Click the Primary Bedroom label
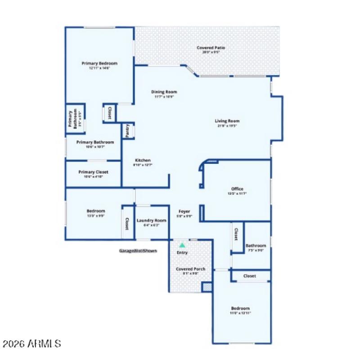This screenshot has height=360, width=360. point(99,63)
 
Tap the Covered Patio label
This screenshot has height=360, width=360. point(211,48)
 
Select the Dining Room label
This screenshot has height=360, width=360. point(164,92)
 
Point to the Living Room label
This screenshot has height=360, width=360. point(227,121)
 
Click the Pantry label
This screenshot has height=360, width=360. point(128,130)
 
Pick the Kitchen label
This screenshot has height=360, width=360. point(143,160)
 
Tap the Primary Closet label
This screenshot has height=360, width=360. point(93,172)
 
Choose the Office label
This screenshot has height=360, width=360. point(237,189)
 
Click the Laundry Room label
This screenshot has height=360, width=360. point(152,220)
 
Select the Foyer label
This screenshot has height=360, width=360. point(184,211)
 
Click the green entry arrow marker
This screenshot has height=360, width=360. point(182,245)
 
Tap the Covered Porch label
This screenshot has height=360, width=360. point(190,269)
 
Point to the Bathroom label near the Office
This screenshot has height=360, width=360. point(256,246)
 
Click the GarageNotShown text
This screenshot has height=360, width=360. point(138,251)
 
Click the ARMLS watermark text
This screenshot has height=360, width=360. point(31,344)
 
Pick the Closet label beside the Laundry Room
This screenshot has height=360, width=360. point(127,224)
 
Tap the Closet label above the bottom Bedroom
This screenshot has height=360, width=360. point(250,276)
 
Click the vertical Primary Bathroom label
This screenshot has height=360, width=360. point(70,120)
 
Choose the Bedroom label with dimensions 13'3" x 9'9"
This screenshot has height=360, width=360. point(96,211)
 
